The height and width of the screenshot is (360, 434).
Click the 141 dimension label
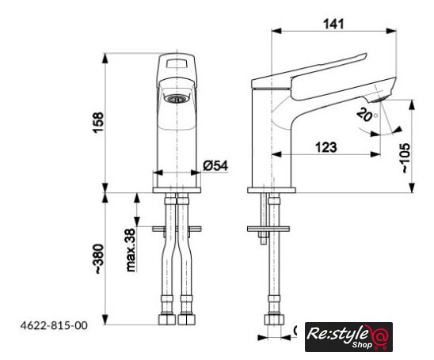(334, 24)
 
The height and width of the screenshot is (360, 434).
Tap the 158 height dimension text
(98, 123)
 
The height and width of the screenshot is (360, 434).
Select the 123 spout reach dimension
(326, 147)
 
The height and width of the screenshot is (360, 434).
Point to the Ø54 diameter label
(215, 165)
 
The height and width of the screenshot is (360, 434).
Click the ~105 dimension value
(405, 158)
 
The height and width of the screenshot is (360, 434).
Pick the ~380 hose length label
(99, 259)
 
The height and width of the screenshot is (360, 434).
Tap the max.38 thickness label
(131, 250)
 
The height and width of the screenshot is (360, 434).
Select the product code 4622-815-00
(54, 325)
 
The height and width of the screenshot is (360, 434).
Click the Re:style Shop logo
(348, 337)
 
